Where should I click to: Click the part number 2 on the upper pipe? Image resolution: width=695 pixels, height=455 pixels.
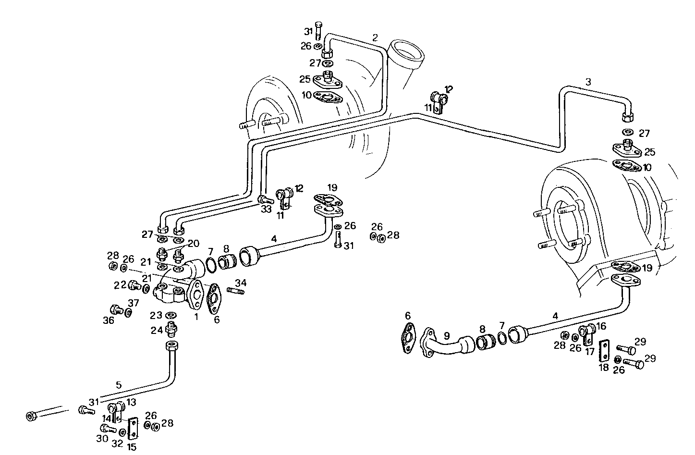[x=375, y=37]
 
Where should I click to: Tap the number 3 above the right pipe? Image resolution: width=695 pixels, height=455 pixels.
[x=588, y=82]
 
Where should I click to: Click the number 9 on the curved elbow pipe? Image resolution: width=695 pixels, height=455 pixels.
[x=446, y=336]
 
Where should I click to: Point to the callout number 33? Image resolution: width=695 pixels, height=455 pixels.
[x=265, y=209]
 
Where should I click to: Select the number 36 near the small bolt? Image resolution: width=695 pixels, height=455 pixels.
[x=109, y=320]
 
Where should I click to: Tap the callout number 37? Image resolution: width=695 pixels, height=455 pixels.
[x=133, y=303]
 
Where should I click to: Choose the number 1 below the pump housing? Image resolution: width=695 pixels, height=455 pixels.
[x=196, y=317]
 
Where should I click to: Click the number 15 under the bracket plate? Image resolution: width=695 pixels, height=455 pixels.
[x=132, y=447]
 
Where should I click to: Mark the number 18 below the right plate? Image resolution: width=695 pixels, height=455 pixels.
[x=604, y=368]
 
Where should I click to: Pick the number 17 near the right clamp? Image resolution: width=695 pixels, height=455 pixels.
[x=590, y=351]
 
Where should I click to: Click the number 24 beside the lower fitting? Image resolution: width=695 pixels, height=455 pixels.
[x=157, y=331]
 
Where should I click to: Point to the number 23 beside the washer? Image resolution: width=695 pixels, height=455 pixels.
[x=155, y=316]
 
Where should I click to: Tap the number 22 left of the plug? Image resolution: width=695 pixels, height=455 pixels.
[x=120, y=285]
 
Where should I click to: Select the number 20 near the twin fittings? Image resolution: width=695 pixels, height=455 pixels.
[x=193, y=244]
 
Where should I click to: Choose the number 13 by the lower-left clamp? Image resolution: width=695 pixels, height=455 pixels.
[x=131, y=402]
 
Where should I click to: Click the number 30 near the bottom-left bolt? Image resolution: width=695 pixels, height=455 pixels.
[x=101, y=438]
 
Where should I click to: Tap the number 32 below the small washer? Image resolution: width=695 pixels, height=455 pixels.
[x=117, y=443]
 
